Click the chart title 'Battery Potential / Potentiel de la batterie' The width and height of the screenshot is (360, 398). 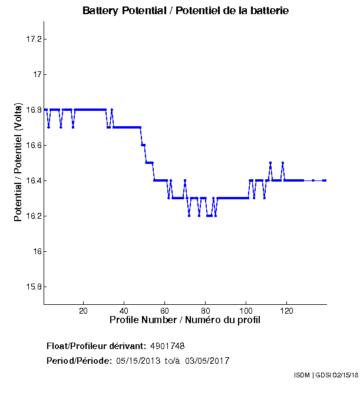click(x=186, y=11)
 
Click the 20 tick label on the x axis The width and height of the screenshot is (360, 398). click(x=83, y=311)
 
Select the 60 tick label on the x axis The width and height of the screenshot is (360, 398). click(x=164, y=311)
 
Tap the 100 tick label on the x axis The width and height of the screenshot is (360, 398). click(x=246, y=311)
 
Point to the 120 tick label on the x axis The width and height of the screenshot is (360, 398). click(x=286, y=311)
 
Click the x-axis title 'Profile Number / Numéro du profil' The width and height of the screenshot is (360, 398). click(x=185, y=320)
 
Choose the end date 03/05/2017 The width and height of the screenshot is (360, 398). click(x=207, y=361)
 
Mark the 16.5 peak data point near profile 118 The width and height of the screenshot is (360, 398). click(x=283, y=163)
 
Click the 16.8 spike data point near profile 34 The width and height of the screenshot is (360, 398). click(x=111, y=110)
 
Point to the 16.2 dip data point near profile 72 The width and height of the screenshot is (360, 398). click(x=189, y=216)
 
